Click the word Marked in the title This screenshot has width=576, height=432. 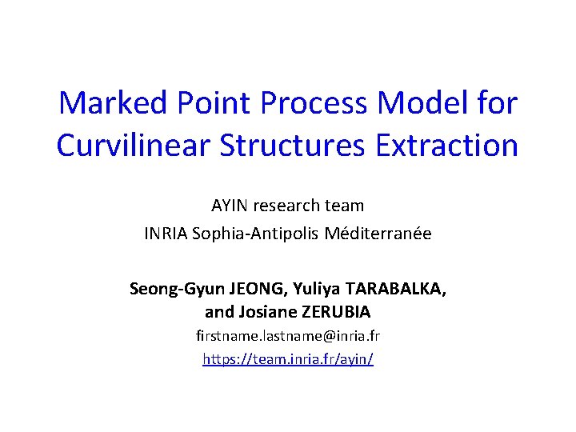[113, 103]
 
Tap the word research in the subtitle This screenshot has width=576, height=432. [291, 205]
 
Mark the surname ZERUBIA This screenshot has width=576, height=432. [337, 311]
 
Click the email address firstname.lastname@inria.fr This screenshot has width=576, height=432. [288, 337]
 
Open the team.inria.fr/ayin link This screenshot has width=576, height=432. [288, 359]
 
